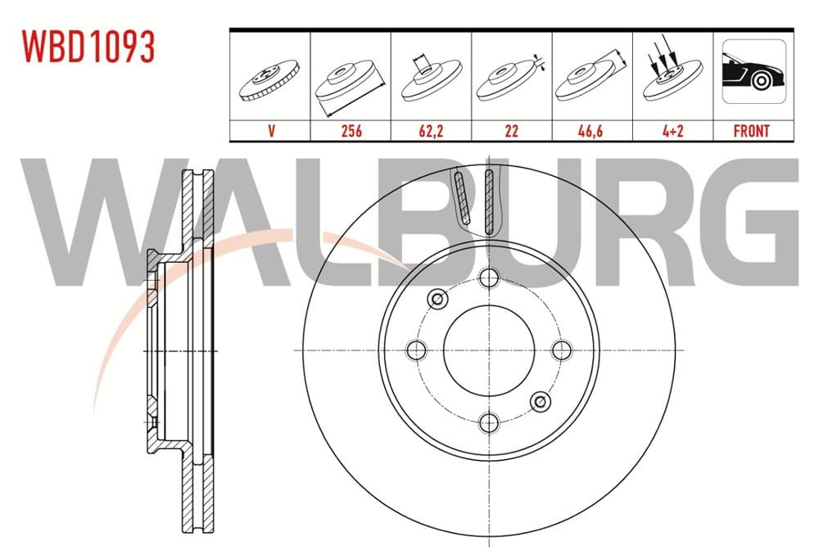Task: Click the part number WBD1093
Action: [88, 47]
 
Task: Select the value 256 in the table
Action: [351, 130]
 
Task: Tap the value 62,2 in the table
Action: [431, 130]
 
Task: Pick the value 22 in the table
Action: [511, 130]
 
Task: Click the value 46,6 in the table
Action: [590, 130]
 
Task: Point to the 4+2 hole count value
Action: [672, 130]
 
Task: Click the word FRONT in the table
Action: [752, 130]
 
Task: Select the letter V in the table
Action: [271, 130]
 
